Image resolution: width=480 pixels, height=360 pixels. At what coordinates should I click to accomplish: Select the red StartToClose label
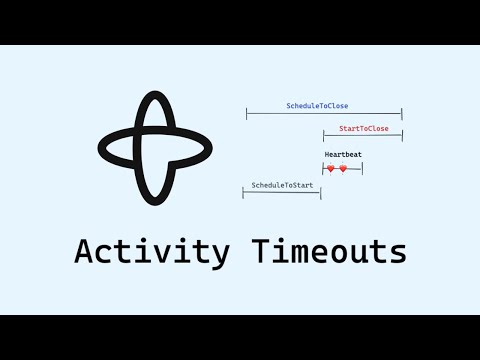click(364, 129)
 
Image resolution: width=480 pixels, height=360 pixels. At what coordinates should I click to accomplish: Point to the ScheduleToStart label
click(282, 185)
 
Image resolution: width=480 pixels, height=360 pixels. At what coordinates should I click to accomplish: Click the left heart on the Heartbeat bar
click(331, 169)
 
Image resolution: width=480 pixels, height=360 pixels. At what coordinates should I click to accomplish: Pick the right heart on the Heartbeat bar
click(343, 169)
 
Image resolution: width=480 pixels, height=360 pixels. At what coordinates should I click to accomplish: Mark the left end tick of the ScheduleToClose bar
click(247, 115)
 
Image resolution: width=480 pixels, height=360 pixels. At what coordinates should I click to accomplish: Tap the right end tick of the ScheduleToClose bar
click(401, 115)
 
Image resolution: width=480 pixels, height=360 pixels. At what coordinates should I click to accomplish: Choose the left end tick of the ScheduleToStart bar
click(243, 192)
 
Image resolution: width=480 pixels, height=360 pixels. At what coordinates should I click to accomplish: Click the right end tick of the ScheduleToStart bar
click(321, 192)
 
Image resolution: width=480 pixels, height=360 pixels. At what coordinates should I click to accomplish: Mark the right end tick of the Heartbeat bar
click(362, 169)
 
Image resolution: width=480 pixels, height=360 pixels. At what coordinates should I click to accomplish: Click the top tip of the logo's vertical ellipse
click(153, 93)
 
